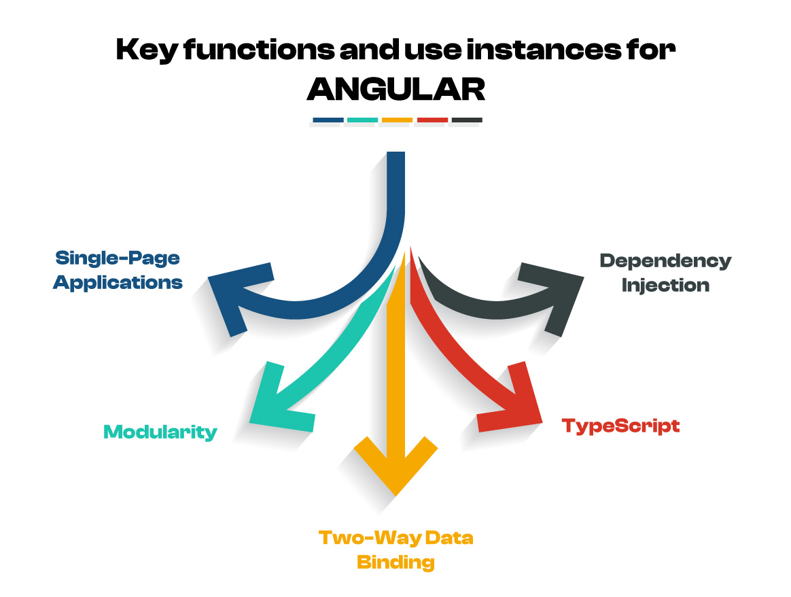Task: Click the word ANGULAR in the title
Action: pos(396,89)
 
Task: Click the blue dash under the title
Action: pos(328,120)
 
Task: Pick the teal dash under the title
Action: pos(362,120)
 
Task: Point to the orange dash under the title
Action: pos(397,120)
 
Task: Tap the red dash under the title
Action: pos(432,120)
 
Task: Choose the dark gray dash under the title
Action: pos(466,120)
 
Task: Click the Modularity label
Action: pos(160,432)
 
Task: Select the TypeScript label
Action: pos(620,426)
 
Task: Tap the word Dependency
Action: pos(665,261)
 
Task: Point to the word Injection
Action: pos(665,285)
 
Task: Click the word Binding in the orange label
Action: pos(395,562)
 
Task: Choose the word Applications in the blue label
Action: pos(118,282)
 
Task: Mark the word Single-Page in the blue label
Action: pos(118,258)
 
